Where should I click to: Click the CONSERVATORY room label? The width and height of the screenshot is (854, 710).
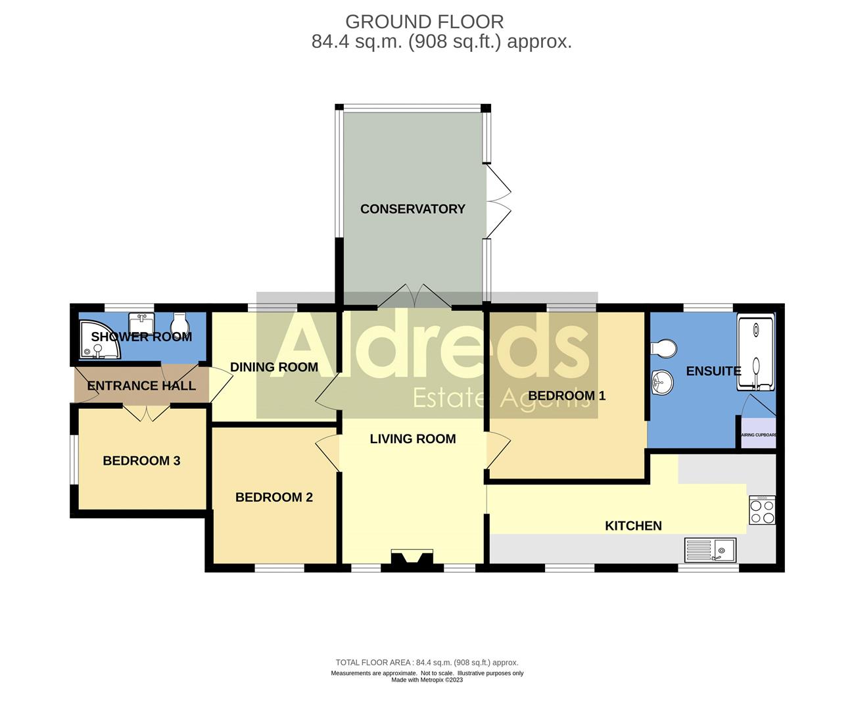tap(412, 209)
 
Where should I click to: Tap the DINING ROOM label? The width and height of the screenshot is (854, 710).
tap(273, 367)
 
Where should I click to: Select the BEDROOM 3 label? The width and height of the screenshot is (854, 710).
tap(141, 461)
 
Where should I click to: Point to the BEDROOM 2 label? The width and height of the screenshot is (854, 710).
tap(273, 498)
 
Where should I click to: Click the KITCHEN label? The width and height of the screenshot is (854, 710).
tap(632, 526)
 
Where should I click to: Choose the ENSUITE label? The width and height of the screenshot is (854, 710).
tap(713, 371)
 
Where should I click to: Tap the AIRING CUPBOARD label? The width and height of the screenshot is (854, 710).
tap(759, 435)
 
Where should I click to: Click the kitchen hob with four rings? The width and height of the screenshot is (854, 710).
tap(761, 510)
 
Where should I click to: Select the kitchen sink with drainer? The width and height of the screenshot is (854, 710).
tap(710, 550)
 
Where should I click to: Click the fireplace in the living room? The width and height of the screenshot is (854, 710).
tap(412, 558)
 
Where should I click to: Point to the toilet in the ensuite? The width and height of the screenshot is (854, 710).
tap(662, 348)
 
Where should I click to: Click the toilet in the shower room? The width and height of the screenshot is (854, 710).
tap(178, 324)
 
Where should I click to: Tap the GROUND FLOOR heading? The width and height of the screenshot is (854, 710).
tap(424, 22)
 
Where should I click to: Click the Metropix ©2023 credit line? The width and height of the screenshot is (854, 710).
tap(427, 680)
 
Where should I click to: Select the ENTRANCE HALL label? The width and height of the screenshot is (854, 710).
tap(141, 386)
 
